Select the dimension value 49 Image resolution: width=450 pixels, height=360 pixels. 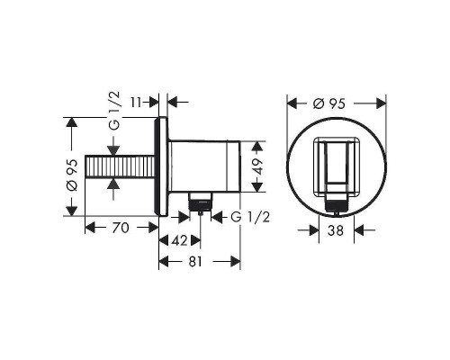(x=259, y=166)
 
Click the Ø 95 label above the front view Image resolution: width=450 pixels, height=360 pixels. (x=336, y=103)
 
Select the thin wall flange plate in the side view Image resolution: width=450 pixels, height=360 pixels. (x=163, y=167)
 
